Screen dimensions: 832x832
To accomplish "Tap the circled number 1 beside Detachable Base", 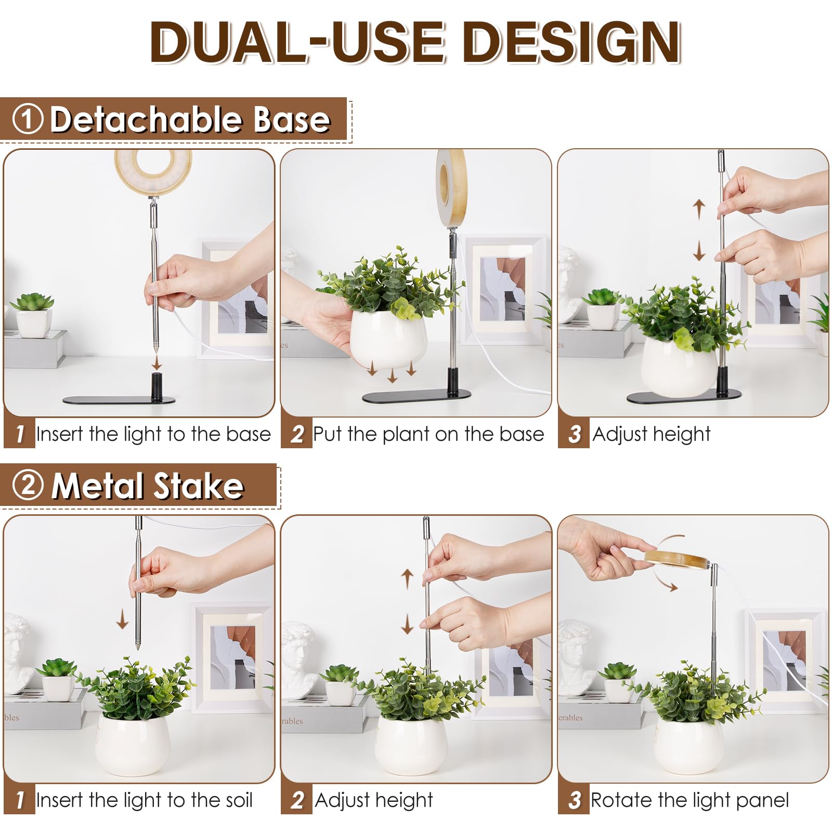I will tap(27, 119).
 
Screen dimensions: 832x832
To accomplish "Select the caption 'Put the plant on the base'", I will tap(428, 434).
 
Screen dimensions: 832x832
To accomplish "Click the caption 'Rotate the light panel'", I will tap(690, 800).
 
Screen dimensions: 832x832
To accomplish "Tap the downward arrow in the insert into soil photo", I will tap(122, 619).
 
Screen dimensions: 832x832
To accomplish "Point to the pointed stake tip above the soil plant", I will tap(138, 645).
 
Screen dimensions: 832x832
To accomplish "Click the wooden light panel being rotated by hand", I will tap(676, 560).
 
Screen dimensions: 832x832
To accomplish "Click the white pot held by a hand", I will tap(387, 338).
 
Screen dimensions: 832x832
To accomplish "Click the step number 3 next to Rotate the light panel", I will tap(574, 800).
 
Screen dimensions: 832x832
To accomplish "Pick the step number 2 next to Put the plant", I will tap(296, 434).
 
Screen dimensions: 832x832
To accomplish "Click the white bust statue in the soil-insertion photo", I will tap(17, 650).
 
